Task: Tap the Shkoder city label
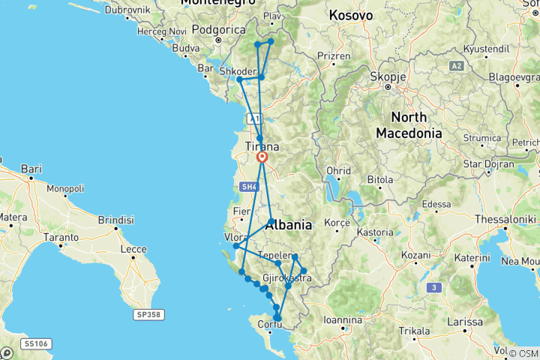(237, 71)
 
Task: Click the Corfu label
(269, 325)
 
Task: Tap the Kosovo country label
(352, 14)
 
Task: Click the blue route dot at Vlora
(235, 246)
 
